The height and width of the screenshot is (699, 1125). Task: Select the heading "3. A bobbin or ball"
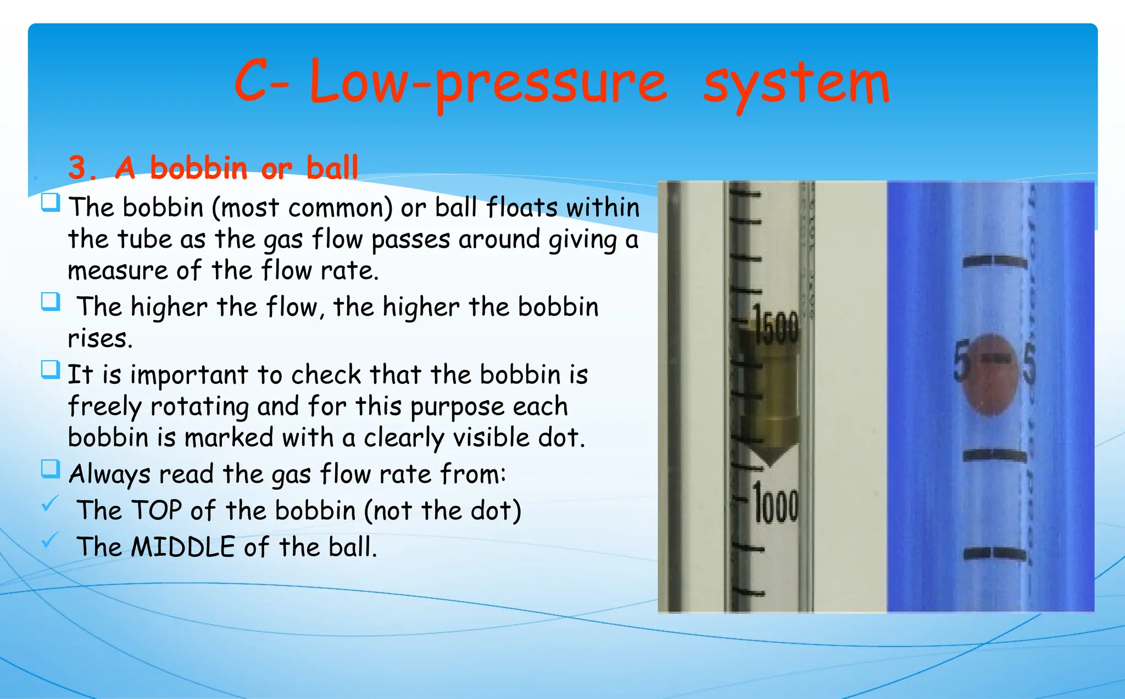(x=213, y=167)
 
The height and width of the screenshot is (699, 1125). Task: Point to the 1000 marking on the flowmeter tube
(x=776, y=502)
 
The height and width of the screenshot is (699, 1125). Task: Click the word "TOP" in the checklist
(x=157, y=510)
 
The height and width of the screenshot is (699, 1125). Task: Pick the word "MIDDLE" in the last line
(x=183, y=547)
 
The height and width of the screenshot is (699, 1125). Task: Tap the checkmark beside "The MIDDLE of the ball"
(x=50, y=540)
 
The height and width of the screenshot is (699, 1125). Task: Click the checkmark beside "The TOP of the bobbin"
(x=50, y=503)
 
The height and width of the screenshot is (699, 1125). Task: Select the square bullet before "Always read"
(x=51, y=469)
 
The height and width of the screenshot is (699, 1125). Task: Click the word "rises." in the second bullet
(x=101, y=338)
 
